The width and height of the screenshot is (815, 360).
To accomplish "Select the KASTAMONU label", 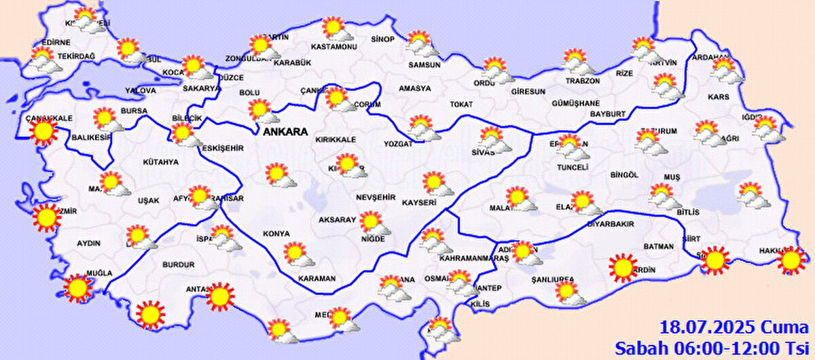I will tap(333, 47).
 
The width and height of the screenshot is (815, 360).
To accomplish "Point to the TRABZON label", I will tap(583, 81).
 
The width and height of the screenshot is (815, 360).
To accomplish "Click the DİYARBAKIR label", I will tap(610, 223).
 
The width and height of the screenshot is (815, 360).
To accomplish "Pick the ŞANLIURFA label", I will tap(553, 279).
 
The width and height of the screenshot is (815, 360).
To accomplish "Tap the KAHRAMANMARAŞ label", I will tap(474, 259).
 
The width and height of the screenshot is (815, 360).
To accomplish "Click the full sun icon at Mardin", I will tap(622, 267).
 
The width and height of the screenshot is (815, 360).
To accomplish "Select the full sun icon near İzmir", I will tap(46, 217).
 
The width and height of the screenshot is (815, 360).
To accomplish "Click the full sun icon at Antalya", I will tap(219, 295).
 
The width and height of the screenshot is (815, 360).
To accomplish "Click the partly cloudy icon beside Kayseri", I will tap(434, 183).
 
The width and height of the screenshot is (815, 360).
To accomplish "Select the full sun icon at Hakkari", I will tap(791, 260).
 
